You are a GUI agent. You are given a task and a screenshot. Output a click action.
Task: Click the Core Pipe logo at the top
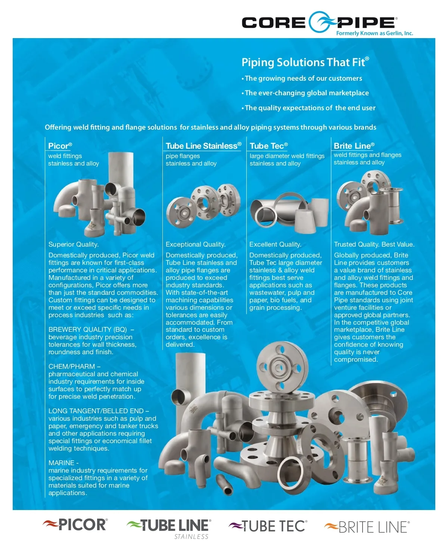(319, 22)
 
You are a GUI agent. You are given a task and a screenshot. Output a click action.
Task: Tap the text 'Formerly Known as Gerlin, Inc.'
(374, 33)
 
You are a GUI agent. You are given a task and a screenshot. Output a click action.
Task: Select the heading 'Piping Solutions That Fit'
(305, 62)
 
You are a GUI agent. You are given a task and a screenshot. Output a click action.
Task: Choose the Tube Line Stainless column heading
(203, 146)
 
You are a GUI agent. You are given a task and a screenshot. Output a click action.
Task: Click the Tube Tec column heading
(268, 146)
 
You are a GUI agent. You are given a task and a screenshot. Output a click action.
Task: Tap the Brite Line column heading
(354, 146)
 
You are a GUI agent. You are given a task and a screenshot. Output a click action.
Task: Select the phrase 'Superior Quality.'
(74, 244)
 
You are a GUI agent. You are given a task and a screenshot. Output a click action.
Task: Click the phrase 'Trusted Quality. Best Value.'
(374, 244)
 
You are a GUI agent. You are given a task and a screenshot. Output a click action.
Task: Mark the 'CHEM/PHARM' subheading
(72, 367)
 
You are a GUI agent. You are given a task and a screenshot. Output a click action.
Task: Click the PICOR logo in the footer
(75, 525)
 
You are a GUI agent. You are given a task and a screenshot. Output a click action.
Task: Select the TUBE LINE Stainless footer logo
(169, 527)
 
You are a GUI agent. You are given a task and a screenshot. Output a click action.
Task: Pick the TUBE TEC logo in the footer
(268, 526)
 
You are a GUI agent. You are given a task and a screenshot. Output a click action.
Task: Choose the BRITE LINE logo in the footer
(367, 527)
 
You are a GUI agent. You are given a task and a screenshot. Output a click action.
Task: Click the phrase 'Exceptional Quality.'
(195, 244)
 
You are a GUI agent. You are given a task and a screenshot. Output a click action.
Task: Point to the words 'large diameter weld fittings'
(287, 156)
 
